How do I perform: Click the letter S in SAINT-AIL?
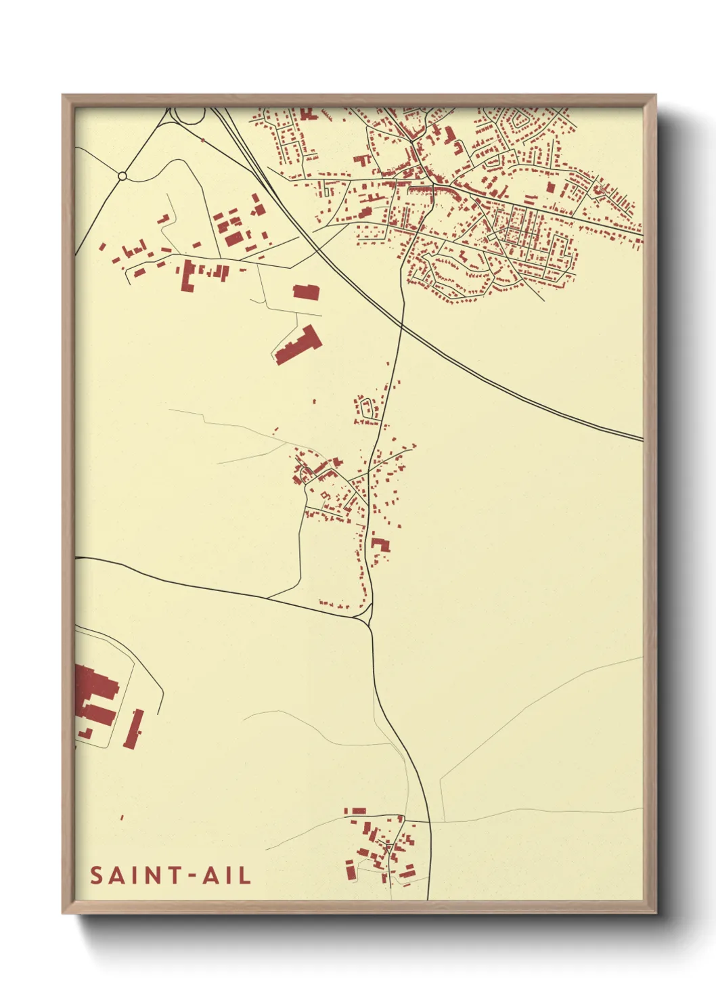(x=97, y=875)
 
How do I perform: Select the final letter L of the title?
(x=245, y=875)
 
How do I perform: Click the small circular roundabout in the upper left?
(x=122, y=176)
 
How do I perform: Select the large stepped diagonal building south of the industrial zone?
(x=296, y=346)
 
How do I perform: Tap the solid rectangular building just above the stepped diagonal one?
(x=306, y=292)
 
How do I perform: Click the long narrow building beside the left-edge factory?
(x=134, y=729)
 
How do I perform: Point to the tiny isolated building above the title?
(x=122, y=818)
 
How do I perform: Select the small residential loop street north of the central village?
(x=366, y=408)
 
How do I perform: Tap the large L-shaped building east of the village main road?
(x=380, y=544)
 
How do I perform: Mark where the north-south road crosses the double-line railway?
(x=402, y=326)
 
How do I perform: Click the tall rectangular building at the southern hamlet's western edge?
(x=350, y=869)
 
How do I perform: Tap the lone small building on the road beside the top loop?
(x=202, y=140)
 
